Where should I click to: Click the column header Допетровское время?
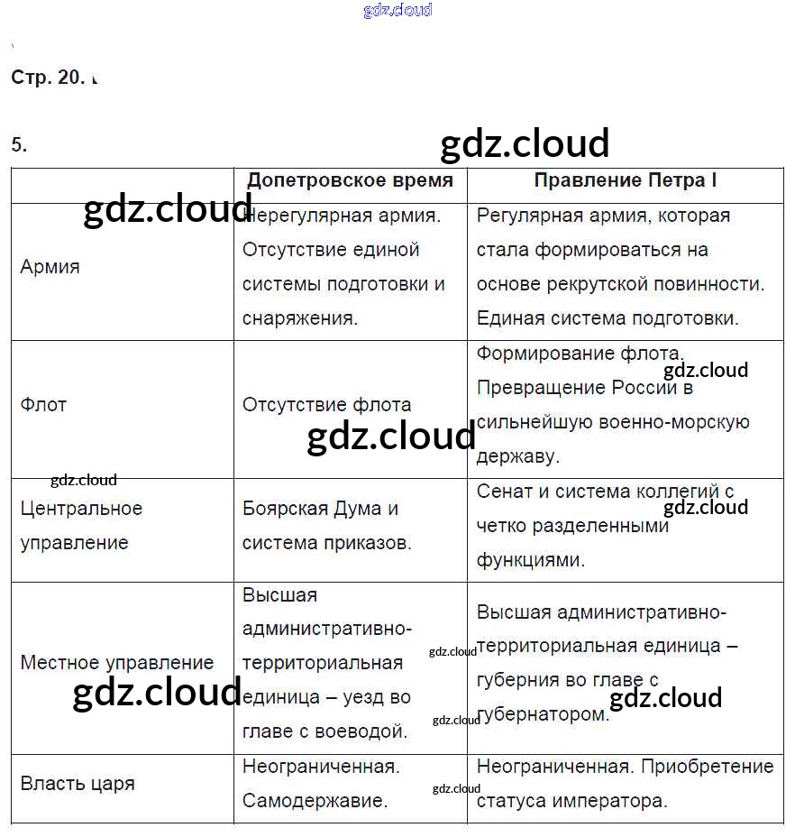[350, 179]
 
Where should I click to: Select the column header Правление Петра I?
[626, 179]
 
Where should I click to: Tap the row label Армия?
[50, 267]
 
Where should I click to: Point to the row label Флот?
[43, 405]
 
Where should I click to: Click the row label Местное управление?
[117, 663]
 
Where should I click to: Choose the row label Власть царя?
[78, 784]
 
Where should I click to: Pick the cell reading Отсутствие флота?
[326, 405]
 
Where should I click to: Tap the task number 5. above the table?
[19, 144]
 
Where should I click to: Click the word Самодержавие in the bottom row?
[315, 801]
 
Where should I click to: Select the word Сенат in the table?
[503, 492]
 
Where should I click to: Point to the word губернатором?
[543, 714]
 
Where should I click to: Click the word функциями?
[531, 560]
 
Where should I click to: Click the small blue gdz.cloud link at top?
[397, 10]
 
